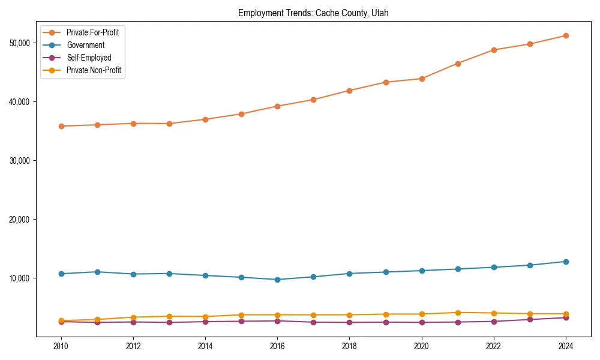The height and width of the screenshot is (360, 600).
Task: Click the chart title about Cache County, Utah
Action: pos(313,13)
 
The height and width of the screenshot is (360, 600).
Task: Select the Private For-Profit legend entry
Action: pos(92,32)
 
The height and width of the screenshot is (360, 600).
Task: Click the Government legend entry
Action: pos(85,45)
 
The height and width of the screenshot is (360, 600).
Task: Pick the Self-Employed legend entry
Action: pos(89,58)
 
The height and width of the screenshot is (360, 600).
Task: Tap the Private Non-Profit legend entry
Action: pos(94,70)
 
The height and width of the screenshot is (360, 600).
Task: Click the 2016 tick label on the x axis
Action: pos(277,346)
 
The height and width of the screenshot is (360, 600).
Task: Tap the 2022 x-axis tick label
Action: pos(493,346)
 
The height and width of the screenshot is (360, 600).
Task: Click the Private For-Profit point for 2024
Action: pos(565,36)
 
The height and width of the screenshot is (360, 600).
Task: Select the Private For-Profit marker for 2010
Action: pos(61,126)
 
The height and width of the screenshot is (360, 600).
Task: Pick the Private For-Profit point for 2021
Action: pos(457,64)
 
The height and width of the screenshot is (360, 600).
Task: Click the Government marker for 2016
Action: pos(277,280)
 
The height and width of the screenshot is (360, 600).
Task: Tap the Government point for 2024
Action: pos(565,262)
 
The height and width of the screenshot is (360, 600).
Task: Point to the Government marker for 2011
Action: pos(97,272)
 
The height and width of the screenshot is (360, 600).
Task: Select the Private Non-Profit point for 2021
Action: pos(457,313)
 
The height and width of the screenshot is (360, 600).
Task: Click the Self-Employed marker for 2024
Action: pos(565,317)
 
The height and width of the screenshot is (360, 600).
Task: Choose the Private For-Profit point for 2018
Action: pos(349,91)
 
